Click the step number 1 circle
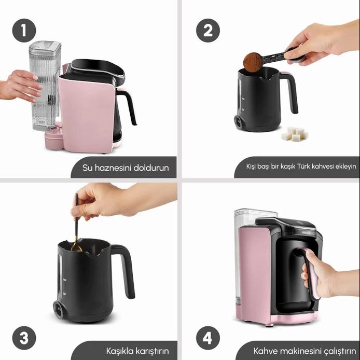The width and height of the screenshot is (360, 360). pos(24,31)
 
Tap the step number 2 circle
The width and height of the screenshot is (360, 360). pos(208,31)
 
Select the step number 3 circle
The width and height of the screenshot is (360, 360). pos(24,338)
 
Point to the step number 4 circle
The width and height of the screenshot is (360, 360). pos(208,338)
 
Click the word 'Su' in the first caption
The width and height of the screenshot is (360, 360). pos(87,168)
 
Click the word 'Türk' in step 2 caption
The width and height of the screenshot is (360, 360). pos(304,166)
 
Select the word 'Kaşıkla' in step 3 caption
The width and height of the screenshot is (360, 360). pos(119,351)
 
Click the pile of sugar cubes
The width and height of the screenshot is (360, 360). pos(295,134)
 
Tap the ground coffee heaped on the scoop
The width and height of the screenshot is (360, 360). pos(253,62)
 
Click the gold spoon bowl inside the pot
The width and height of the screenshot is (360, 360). pos(76,247)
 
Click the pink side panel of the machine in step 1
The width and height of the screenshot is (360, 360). pos(87,115)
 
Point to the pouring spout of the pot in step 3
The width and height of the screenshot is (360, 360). pos(94,253)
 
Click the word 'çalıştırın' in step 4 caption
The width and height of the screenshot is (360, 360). pos(336,351)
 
